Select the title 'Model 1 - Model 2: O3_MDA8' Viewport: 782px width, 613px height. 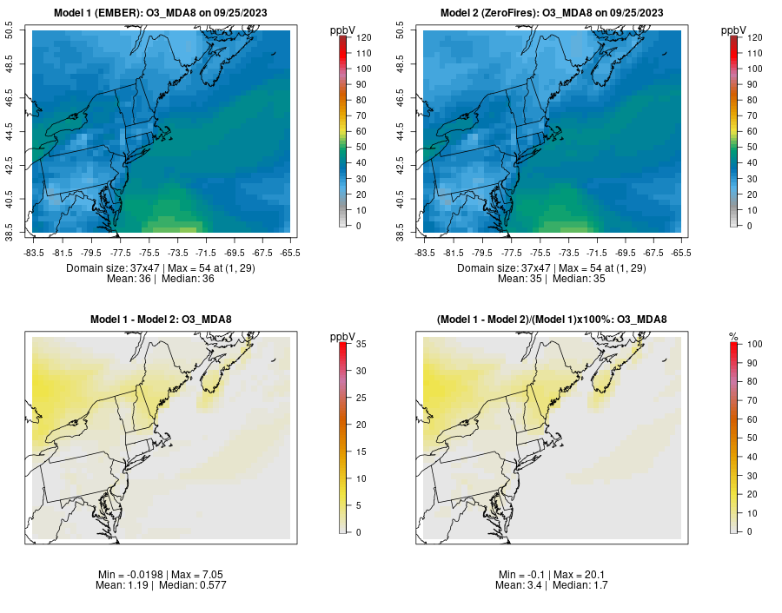(161, 320)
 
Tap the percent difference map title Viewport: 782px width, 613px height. (552, 320)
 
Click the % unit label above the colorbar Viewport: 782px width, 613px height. (733, 337)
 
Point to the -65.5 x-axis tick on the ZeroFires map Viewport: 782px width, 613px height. (680, 253)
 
